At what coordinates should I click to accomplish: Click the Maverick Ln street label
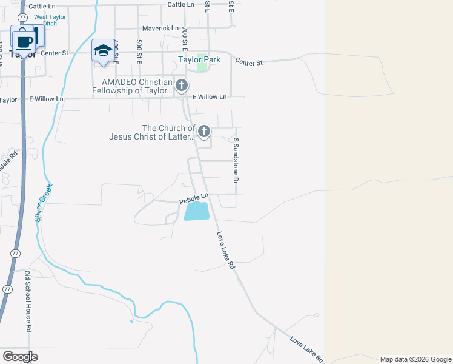tap(160, 29)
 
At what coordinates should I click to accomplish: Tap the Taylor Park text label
tap(199, 59)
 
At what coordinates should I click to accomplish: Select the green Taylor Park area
tap(202, 67)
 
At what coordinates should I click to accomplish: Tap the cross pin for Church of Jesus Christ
tap(204, 131)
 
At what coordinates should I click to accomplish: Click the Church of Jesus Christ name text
tap(152, 132)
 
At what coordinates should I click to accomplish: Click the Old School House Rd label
tap(28, 300)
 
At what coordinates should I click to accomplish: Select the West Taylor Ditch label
tap(50, 20)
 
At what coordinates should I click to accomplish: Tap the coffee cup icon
tap(24, 41)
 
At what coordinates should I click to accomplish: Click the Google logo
tap(20, 357)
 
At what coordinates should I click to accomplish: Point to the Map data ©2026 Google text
tap(415, 359)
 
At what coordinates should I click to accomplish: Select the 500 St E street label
tap(139, 52)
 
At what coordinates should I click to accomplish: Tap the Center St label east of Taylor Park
tap(249, 62)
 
